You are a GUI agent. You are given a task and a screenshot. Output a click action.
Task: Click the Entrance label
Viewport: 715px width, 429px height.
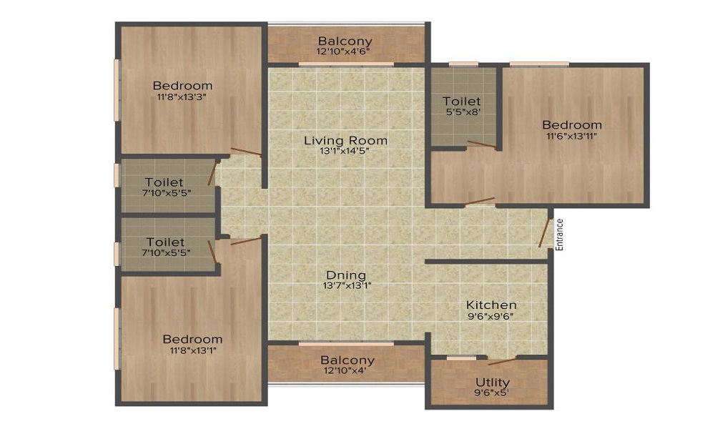(x=560, y=235)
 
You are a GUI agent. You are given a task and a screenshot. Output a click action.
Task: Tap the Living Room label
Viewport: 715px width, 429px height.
(x=345, y=140)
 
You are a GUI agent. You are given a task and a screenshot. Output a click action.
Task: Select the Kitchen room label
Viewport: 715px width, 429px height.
(x=491, y=305)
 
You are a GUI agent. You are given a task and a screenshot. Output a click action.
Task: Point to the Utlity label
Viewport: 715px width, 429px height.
(x=492, y=382)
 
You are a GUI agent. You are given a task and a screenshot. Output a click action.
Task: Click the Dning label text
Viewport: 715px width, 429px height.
(x=346, y=275)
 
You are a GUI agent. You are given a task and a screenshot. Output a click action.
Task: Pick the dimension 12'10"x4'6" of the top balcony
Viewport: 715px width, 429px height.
(x=343, y=51)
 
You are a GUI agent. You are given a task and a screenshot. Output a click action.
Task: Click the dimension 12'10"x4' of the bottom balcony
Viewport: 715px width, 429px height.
(x=345, y=370)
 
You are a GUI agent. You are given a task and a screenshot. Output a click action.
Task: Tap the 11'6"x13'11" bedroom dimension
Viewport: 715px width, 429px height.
(x=572, y=135)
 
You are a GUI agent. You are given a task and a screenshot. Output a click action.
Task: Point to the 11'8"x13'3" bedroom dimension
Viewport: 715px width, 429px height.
(x=182, y=97)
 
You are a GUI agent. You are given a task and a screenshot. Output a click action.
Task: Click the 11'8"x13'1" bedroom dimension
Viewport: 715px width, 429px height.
(x=193, y=350)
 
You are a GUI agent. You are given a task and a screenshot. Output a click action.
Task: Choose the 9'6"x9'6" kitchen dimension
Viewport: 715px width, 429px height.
(x=490, y=316)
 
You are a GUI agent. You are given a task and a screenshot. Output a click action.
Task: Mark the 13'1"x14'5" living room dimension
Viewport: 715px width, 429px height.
(x=345, y=152)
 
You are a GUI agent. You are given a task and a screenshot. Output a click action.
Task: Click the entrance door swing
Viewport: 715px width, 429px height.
(x=543, y=233)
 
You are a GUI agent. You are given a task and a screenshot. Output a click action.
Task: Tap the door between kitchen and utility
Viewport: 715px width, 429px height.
(x=503, y=362)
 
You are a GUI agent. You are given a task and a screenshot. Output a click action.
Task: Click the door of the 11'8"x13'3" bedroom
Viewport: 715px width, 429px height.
(x=246, y=152)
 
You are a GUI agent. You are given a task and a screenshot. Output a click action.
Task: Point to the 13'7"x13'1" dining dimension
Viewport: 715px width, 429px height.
(x=347, y=286)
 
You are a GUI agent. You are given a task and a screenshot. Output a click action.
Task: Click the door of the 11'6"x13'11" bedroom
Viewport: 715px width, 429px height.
(x=479, y=202)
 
